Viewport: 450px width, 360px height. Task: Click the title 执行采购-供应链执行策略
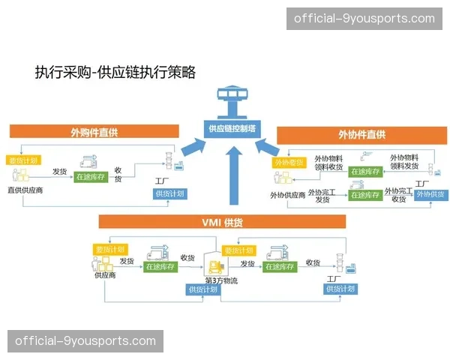(x=115, y=72)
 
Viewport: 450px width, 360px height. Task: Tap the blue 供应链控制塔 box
(x=232, y=128)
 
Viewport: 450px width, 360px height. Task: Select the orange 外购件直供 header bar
(x=94, y=133)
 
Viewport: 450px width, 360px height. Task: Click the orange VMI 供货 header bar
(x=222, y=222)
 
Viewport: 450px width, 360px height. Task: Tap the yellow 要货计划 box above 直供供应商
(x=23, y=160)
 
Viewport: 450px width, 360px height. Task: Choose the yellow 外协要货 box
(x=288, y=162)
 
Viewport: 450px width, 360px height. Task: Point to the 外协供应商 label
(x=287, y=195)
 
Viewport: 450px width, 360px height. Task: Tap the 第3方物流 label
(x=220, y=280)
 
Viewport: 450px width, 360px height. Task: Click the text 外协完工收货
(x=398, y=195)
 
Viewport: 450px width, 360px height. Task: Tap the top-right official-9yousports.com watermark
(x=364, y=19)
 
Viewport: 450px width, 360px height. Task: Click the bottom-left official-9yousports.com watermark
(x=85, y=341)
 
